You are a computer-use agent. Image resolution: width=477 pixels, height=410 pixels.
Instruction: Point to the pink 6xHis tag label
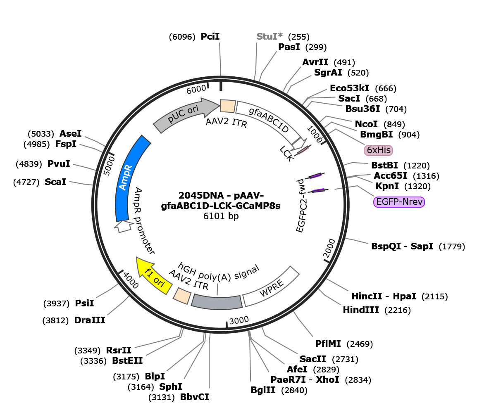click(x=379, y=150)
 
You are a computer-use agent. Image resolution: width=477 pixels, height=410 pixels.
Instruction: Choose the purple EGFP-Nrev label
click(x=399, y=202)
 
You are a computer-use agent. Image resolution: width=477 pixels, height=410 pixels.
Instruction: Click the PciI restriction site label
click(x=210, y=36)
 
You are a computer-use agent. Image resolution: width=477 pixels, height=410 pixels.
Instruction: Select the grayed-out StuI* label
click(x=270, y=36)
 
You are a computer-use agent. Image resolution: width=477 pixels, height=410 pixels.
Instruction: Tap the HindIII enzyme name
click(x=361, y=310)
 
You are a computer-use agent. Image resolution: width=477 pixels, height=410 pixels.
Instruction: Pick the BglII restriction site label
click(x=263, y=390)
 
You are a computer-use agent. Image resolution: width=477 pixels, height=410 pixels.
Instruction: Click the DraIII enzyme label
click(x=90, y=320)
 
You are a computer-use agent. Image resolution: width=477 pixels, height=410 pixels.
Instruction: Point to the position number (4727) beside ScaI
click(x=26, y=182)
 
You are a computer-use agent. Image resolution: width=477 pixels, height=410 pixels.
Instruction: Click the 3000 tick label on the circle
click(x=239, y=320)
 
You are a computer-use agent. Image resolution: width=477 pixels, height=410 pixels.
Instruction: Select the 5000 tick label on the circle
click(x=109, y=166)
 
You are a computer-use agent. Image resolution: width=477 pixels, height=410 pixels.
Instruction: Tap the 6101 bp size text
click(x=221, y=216)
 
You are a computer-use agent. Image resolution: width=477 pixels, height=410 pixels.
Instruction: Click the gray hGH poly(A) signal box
click(x=217, y=302)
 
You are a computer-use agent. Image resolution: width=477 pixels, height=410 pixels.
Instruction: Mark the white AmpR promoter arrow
click(x=124, y=226)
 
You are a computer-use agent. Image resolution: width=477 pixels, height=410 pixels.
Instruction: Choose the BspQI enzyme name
click(x=386, y=246)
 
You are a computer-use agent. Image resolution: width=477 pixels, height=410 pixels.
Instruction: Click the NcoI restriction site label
click(x=366, y=124)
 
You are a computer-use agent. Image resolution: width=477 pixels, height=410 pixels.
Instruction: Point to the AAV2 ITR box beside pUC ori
click(x=228, y=106)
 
